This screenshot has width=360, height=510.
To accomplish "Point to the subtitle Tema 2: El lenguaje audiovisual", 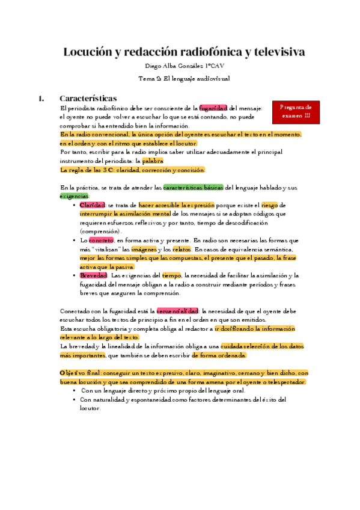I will (180, 78).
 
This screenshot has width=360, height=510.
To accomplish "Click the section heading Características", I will (88, 97).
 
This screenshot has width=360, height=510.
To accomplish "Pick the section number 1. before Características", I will (41, 97).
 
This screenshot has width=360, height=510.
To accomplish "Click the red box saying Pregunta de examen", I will (295, 111).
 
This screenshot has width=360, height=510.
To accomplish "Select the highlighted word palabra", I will (153, 161).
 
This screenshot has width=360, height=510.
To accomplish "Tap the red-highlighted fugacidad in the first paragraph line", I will (213, 108).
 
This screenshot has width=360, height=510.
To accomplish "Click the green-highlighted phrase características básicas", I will (193, 188).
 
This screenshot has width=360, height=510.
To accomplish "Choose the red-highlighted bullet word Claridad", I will (93, 205).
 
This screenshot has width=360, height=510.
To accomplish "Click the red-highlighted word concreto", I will (101, 240).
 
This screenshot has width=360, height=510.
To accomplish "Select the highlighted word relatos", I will (181, 248).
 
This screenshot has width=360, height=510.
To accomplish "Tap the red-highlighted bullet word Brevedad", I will (94, 275).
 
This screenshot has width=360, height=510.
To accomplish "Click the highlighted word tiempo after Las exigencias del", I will (171, 275).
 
